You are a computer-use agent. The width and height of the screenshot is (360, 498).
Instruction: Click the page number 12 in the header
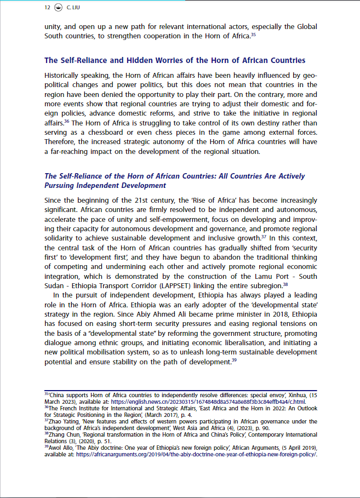tap(47, 8)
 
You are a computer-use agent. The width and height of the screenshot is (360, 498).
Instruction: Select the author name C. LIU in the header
tap(73, 8)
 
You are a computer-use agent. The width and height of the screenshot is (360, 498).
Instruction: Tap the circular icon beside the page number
tap(59, 8)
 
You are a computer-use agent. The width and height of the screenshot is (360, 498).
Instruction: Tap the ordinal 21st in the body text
tap(144, 200)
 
